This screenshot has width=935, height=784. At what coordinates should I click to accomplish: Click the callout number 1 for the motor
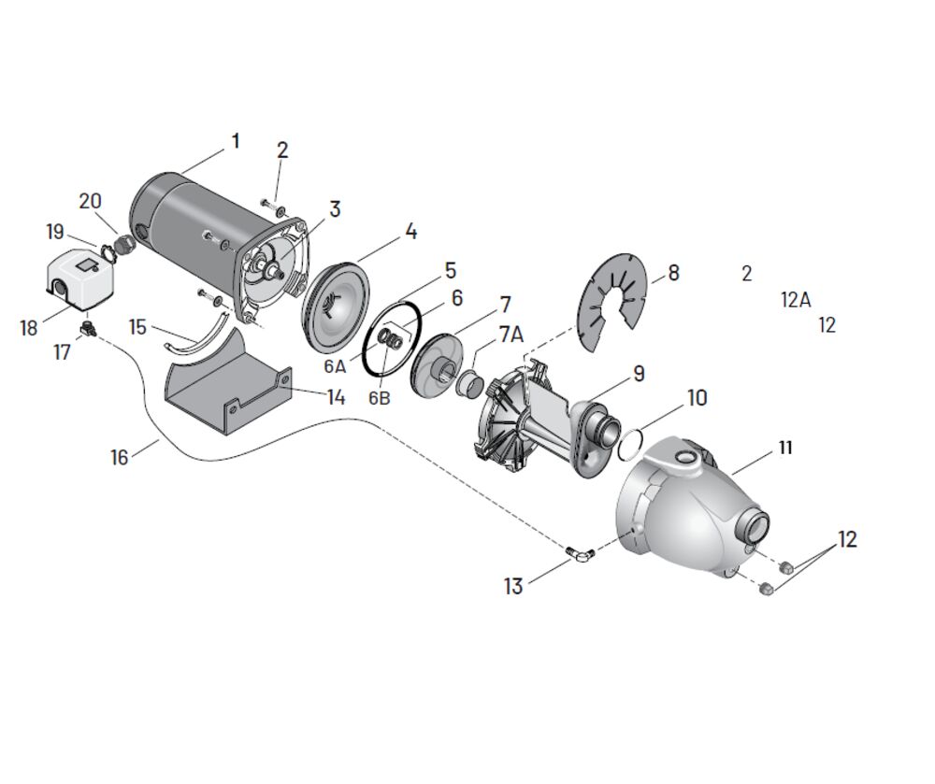[236, 141]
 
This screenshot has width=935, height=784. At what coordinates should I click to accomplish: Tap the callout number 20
[90, 201]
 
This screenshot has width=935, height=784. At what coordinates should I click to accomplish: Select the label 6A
[335, 365]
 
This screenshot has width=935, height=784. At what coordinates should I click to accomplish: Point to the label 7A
[511, 335]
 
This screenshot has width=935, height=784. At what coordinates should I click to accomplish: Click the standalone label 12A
[796, 299]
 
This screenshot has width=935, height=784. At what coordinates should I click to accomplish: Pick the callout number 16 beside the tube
[120, 457]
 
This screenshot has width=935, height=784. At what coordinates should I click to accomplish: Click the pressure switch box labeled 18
[80, 279]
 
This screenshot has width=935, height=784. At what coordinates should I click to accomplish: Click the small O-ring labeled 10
[631, 444]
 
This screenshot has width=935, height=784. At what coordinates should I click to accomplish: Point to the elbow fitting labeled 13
[578, 555]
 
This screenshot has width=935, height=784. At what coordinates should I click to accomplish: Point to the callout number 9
[639, 374]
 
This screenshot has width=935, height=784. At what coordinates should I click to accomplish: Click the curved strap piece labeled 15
[196, 339]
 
